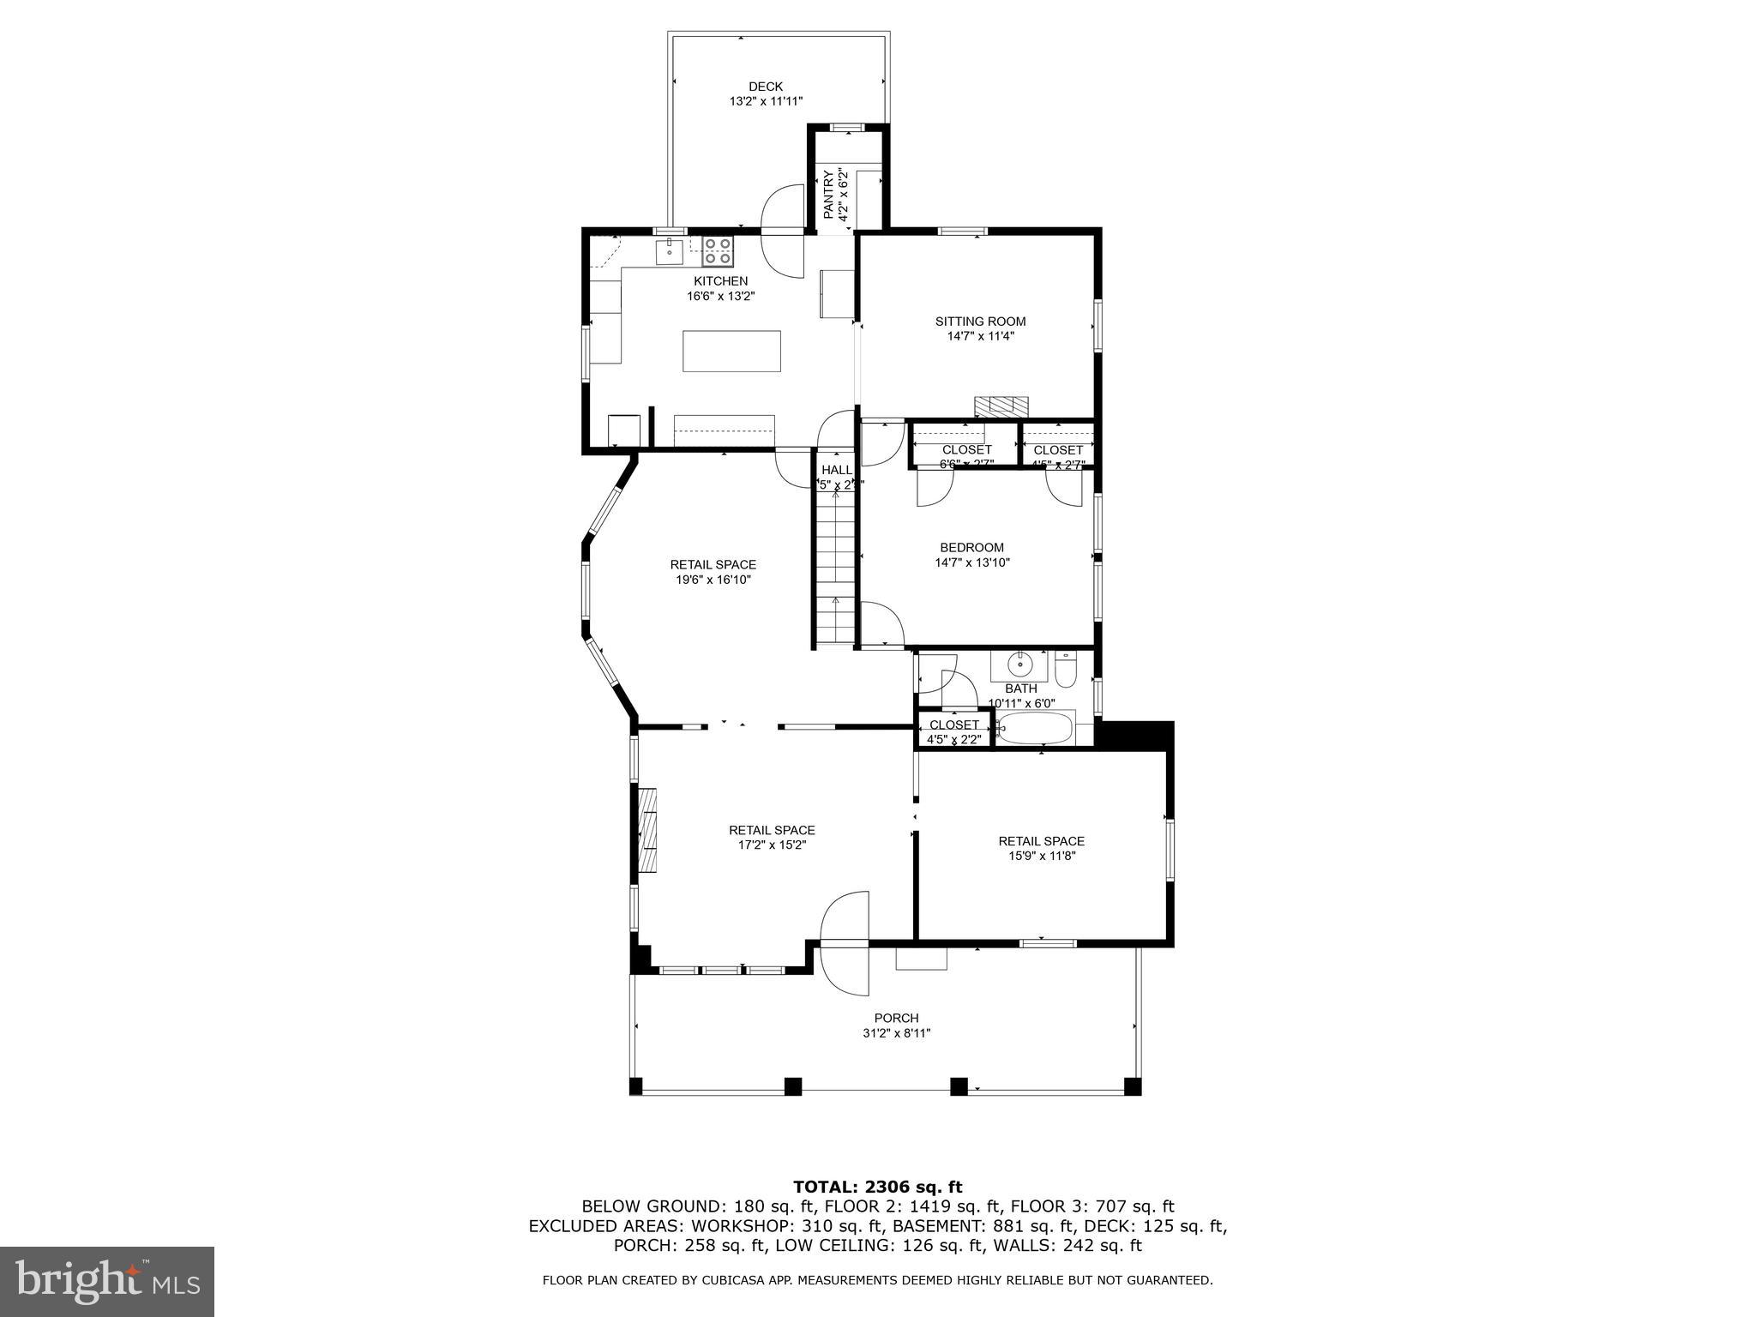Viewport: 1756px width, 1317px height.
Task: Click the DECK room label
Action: click(x=766, y=87)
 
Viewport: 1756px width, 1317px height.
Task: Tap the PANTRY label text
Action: click(x=829, y=195)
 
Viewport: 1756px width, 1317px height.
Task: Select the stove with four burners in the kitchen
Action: click(x=718, y=251)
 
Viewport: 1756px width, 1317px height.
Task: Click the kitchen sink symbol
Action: click(x=669, y=252)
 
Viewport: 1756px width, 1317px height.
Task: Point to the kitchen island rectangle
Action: click(x=731, y=351)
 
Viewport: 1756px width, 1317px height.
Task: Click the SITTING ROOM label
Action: click(x=980, y=322)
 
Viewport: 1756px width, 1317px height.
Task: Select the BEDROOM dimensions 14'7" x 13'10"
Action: click(x=971, y=562)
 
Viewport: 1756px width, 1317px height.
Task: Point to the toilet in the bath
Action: click(x=1065, y=671)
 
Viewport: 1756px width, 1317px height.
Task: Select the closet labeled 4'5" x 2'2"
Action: click(x=953, y=731)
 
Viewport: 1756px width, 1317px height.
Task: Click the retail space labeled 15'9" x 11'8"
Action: click(x=1041, y=848)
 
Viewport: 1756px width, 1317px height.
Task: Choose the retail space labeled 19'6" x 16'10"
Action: click(x=713, y=572)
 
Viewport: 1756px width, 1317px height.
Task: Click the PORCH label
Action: click(x=896, y=1018)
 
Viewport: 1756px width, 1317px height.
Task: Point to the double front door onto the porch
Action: click(x=845, y=943)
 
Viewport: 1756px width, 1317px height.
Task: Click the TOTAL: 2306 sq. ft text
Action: click(x=877, y=1187)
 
